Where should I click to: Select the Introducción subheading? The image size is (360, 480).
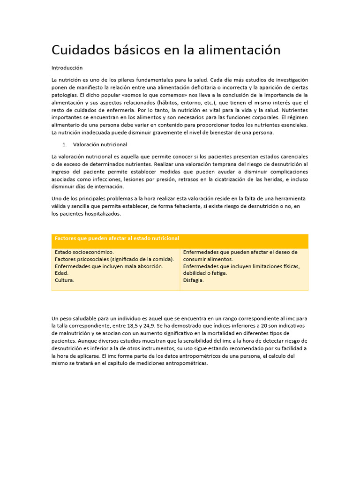click(67, 68)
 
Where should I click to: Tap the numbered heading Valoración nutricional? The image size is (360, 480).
click(100, 144)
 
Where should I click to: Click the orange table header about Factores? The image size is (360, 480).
click(117, 239)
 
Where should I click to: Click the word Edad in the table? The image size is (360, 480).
click(61, 273)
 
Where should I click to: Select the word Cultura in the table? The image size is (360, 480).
click(64, 280)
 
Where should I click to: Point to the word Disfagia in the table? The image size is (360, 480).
click(194, 280)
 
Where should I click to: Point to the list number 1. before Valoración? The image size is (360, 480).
click(65, 144)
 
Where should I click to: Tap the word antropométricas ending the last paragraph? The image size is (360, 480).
click(185, 363)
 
